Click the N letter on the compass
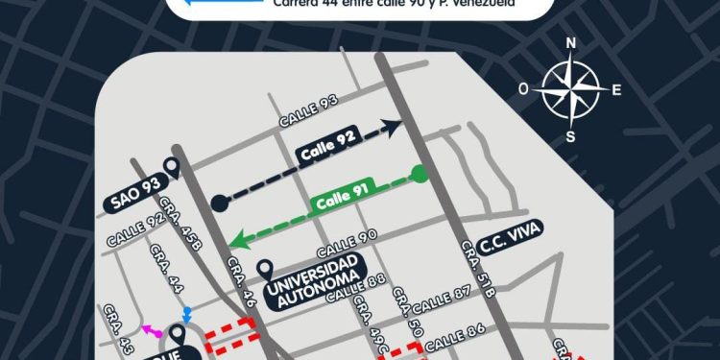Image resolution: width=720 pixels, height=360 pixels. [x=571, y=43]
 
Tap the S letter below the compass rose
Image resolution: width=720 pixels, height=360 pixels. [x=570, y=135]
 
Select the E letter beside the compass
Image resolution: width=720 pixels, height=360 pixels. [x=616, y=90]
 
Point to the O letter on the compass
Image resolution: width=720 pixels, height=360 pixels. [x=523, y=88]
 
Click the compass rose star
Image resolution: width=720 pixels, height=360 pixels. [x=570, y=89]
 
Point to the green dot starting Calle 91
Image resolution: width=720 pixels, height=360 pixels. [x=418, y=174]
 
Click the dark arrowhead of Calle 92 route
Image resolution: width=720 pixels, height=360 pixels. [x=392, y=127]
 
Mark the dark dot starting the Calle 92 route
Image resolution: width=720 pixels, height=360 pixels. [x=220, y=202]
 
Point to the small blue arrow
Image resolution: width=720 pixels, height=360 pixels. [x=187, y=314]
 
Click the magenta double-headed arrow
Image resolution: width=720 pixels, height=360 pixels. [x=152, y=330]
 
